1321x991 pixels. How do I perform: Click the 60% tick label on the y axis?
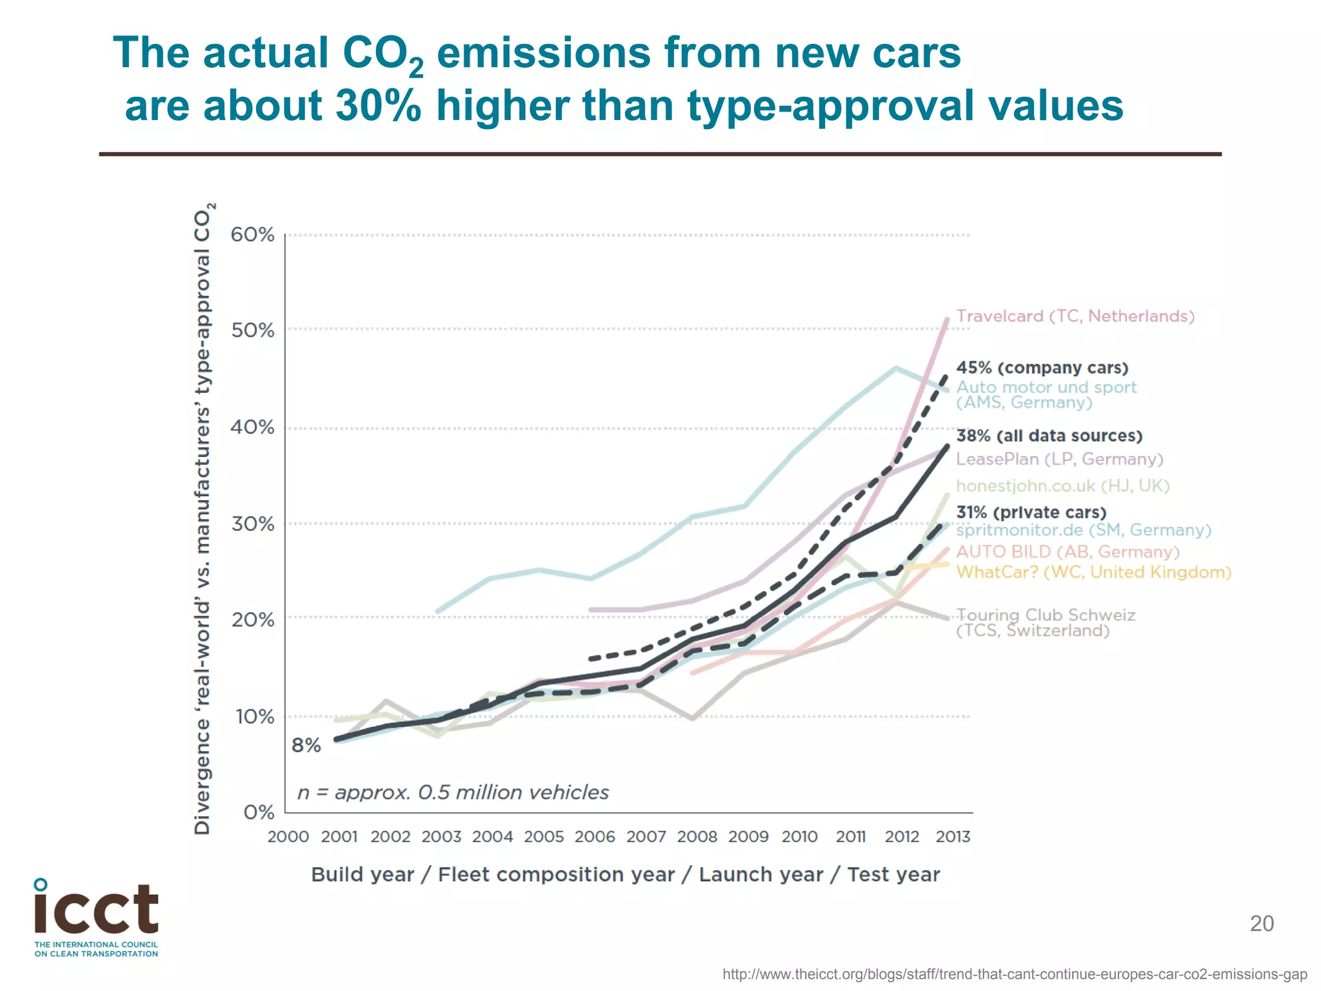252,235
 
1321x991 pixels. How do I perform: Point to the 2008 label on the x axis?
697,837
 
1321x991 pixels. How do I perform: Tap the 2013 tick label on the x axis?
953,837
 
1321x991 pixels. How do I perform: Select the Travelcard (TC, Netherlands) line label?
1075,316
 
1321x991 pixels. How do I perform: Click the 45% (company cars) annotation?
1042,368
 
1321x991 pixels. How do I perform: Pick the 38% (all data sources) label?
1049,436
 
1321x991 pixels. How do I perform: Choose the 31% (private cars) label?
1031,512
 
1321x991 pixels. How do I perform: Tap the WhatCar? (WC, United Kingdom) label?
1094,572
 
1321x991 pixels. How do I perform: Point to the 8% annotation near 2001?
306,746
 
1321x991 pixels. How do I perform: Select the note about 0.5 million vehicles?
453,792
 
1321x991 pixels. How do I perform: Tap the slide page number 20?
1262,923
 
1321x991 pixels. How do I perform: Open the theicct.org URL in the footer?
1015,974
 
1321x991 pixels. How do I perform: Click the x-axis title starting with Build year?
625,875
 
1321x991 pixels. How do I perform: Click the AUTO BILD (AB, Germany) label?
1068,552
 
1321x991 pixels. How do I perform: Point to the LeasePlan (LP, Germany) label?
1060,459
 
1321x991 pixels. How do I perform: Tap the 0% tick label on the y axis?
259,812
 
